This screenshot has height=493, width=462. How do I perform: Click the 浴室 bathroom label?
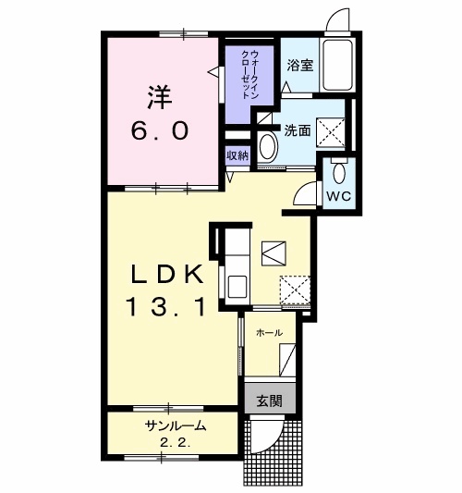click(300, 65)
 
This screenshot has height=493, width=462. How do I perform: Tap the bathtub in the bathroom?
click(337, 65)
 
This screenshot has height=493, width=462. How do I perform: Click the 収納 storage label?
click(237, 155)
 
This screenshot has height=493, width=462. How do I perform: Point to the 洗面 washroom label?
click(298, 130)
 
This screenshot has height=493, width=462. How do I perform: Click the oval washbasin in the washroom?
click(267, 148)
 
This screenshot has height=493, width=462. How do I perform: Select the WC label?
click(339, 196)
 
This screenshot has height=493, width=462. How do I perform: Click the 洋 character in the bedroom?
click(160, 97)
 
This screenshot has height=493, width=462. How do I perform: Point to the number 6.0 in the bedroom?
click(160, 130)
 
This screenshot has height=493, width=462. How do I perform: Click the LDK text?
click(165, 274)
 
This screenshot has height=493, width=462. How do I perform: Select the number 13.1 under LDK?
click(165, 307)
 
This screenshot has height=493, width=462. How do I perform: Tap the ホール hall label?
click(269, 332)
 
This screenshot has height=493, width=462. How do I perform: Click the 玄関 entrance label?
click(270, 401)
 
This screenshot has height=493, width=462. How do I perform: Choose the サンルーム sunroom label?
click(176, 426)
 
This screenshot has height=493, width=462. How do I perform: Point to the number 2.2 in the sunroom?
click(176, 443)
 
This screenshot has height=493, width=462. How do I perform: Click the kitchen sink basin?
click(237, 287)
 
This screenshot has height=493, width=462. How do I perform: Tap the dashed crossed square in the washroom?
click(331, 132)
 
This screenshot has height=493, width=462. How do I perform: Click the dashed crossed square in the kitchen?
click(295, 290)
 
